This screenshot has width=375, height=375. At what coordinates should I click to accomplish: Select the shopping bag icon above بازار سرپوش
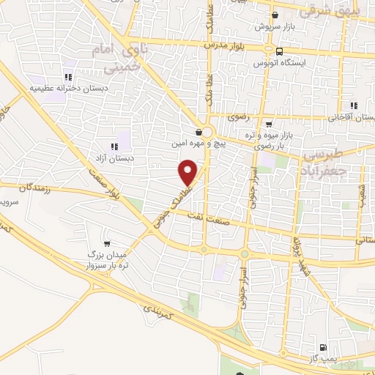[275, 15]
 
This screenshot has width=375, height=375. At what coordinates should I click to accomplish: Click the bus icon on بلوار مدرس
[280, 51]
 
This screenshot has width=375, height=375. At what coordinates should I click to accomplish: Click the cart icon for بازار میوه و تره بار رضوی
[269, 124]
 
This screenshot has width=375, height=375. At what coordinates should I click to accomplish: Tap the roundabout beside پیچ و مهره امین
[207, 133]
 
